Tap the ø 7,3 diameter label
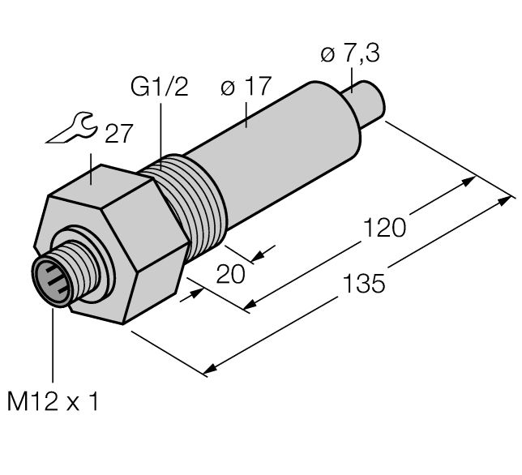coord(350,56)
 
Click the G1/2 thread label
coord(159,87)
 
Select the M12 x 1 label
coord(53,401)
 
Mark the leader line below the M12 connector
coord(53,340)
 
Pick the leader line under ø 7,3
coord(351,77)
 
